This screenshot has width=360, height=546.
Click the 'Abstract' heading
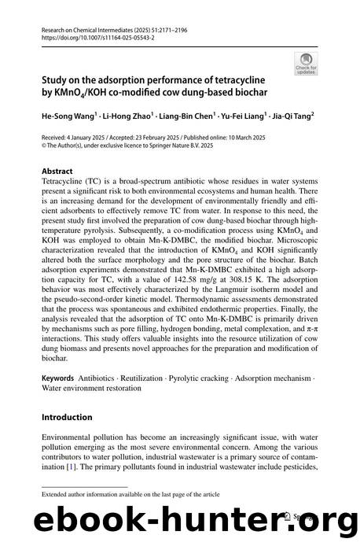point(58,171)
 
